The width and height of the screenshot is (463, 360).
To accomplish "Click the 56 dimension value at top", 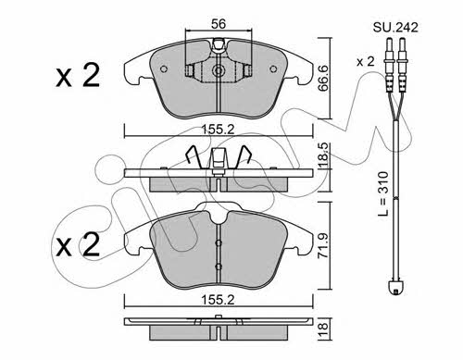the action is coord(219,24).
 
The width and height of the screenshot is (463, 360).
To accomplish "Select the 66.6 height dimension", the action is coord(324,78).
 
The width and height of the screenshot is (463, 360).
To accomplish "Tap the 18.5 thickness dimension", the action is coord(324,155).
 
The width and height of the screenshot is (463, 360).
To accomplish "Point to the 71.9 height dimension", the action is coord(324,245).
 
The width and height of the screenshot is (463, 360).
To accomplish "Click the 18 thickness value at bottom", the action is coord(324,330).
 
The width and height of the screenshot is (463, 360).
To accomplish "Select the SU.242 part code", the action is coord(395,28).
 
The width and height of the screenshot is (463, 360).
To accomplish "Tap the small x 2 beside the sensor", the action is coord(366,62).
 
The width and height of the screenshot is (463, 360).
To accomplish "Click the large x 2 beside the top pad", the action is coord(78,75).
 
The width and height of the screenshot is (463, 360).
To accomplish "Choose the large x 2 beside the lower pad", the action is coord(78,244).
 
